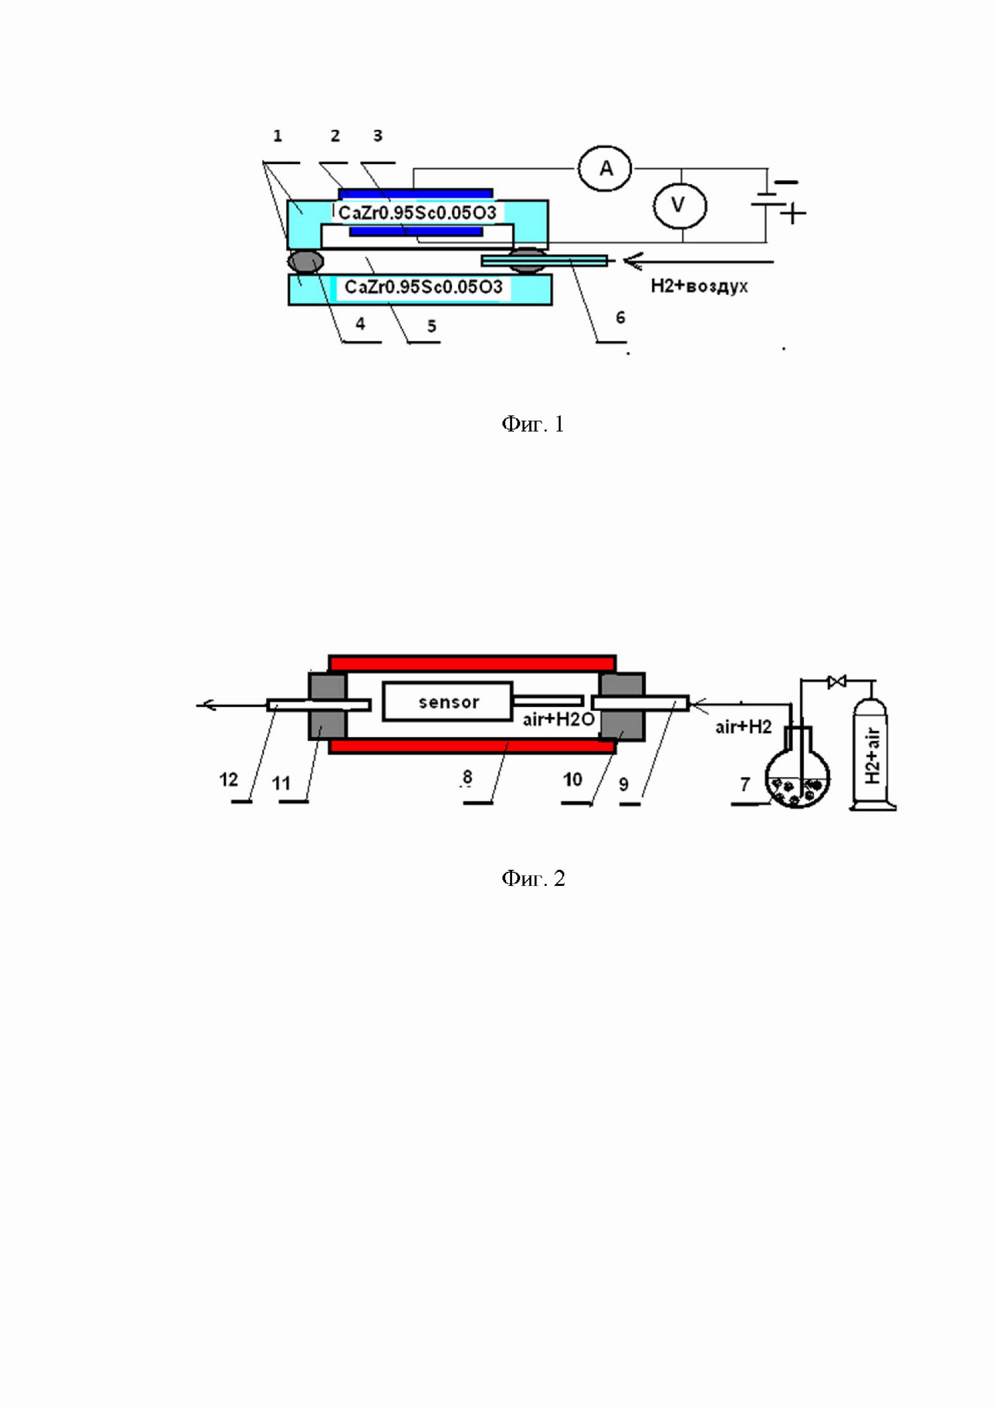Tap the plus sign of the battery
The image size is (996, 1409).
794,214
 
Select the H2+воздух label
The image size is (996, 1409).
699,286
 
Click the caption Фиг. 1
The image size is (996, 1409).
533,424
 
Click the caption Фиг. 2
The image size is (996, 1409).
533,879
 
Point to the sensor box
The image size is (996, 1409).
448,701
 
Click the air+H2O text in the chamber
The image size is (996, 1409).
559,719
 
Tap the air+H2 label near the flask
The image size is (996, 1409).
743,727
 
